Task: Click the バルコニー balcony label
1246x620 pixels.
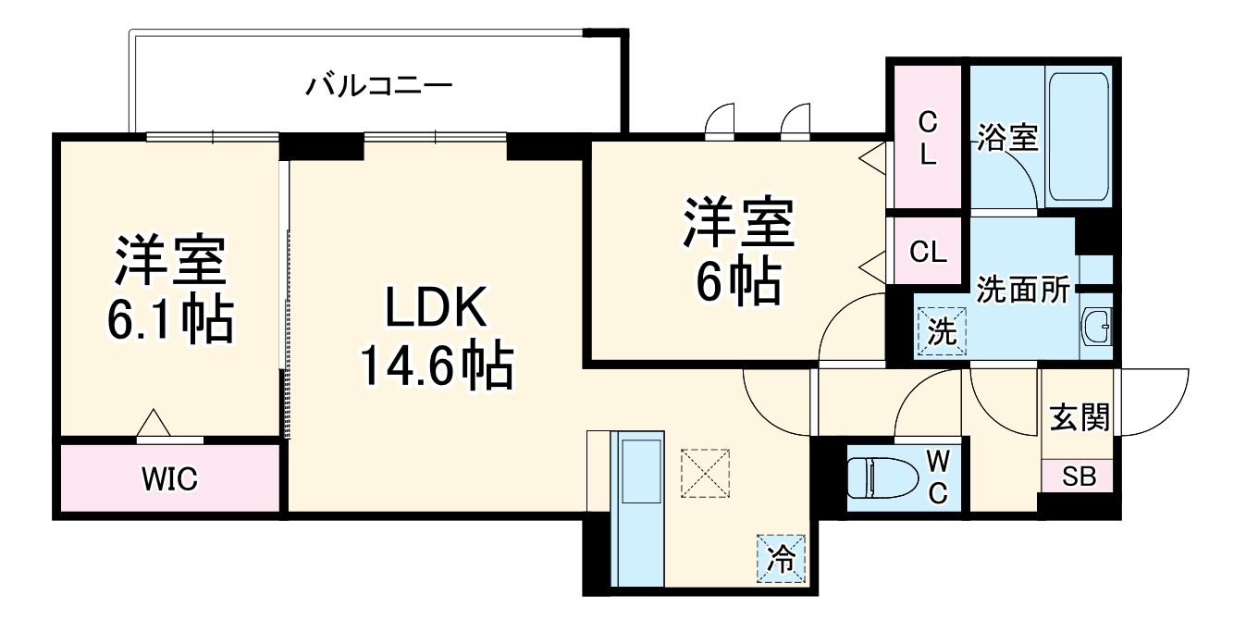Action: pos(379,88)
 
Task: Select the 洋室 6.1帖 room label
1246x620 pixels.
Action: pos(170,291)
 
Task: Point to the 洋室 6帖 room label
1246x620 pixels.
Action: pos(737,250)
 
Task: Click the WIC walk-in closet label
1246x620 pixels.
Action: pos(169,479)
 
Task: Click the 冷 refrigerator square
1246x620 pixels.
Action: pos(783,560)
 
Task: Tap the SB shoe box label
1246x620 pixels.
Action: pos(1078,477)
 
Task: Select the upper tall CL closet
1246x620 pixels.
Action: pos(928,137)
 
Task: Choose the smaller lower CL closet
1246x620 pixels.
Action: pos(928,252)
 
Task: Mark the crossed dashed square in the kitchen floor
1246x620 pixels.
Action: pos(706,474)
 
